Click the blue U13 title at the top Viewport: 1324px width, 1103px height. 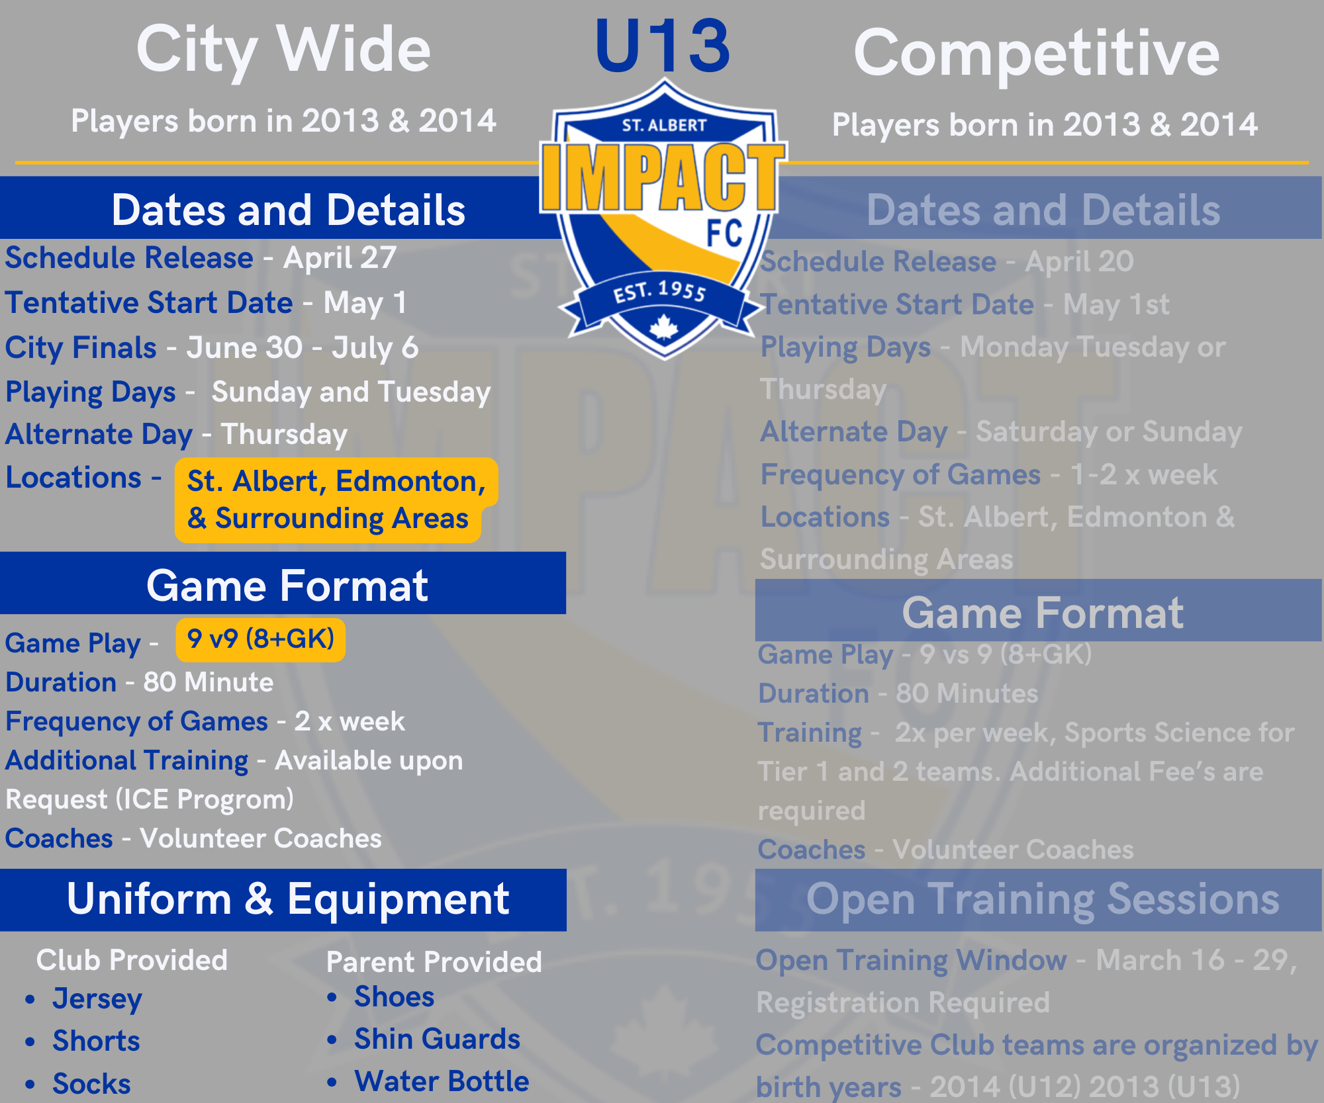pyautogui.click(x=663, y=46)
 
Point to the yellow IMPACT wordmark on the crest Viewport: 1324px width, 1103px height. pyautogui.click(x=663, y=177)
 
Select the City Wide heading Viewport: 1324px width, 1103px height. pyautogui.click(x=283, y=50)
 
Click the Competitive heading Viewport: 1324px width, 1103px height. pyautogui.click(x=1037, y=54)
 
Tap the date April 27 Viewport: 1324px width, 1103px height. pyautogui.click(x=340, y=257)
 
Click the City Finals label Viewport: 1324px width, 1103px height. pyautogui.click(x=81, y=348)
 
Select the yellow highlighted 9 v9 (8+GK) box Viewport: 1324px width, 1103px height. pyautogui.click(x=260, y=640)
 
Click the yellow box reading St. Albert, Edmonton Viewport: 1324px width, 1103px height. pyautogui.click(x=336, y=500)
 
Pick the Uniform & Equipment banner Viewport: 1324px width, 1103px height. pyautogui.click(x=283, y=900)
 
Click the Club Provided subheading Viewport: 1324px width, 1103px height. pyautogui.click(x=132, y=960)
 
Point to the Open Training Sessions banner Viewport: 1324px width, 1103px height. pyautogui.click(x=1039, y=900)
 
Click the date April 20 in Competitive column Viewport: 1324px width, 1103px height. pyautogui.click(x=1080, y=261)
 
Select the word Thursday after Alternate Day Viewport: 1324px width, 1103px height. pyautogui.click(x=284, y=435)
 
